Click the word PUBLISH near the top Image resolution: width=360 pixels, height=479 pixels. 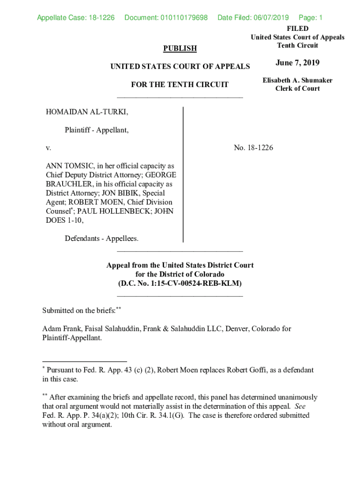click(x=180, y=49)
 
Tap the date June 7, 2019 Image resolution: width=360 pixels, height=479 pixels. click(x=297, y=63)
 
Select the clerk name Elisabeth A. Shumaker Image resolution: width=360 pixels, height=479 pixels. click(x=297, y=80)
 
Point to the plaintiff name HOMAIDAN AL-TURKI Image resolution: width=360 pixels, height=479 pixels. click(x=87, y=113)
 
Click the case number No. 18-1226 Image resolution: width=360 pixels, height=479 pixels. click(x=253, y=148)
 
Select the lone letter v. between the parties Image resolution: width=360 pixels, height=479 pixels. click(x=48, y=148)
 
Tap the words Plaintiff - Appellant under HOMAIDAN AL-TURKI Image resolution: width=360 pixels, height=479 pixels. click(x=97, y=131)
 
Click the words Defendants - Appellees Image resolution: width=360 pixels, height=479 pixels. click(x=102, y=239)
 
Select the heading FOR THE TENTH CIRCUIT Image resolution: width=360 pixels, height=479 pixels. click(x=180, y=85)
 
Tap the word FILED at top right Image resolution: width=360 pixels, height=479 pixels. click(x=297, y=29)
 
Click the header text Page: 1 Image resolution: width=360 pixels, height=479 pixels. click(x=310, y=18)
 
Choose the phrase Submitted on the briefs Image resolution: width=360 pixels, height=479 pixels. click(x=79, y=311)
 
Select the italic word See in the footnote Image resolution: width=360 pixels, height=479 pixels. click(x=300, y=406)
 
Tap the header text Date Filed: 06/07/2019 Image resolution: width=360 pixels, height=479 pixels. click(x=253, y=18)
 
